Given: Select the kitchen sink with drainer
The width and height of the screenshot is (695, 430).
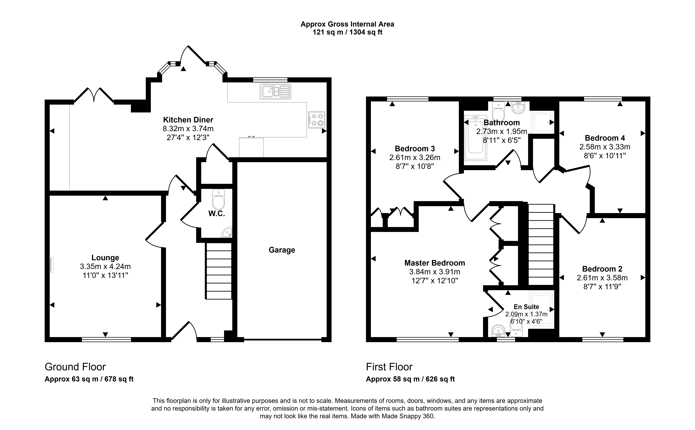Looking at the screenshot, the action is click(275, 92).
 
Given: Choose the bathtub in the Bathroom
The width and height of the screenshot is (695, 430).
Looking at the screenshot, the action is click(475, 138).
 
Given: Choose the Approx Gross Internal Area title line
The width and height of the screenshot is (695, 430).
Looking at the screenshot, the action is click(347, 24).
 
